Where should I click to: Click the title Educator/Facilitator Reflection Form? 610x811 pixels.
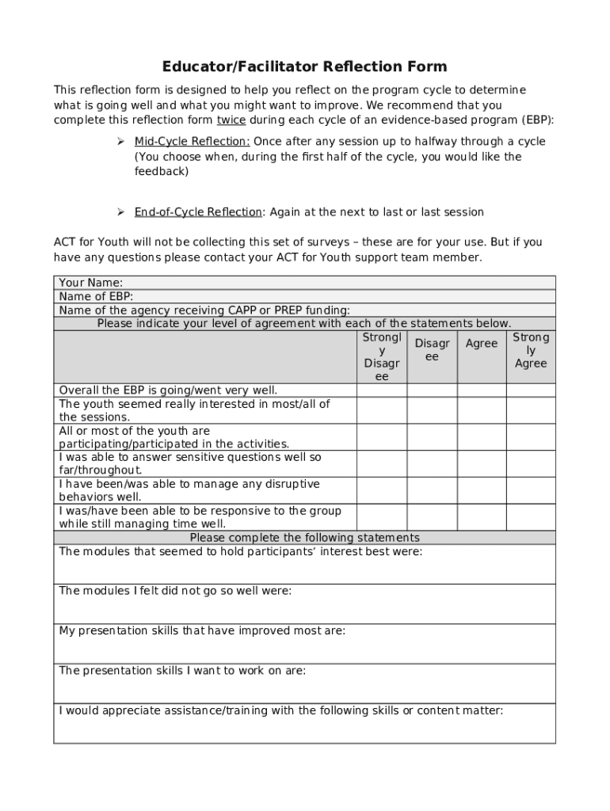305,67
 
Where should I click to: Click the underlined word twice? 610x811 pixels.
231,120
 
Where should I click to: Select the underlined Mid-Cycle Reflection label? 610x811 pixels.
192,142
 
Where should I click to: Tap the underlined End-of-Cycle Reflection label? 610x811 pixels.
197,212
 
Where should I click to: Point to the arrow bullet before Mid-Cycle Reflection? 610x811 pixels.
121,142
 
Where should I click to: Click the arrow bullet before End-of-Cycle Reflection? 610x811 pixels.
121,212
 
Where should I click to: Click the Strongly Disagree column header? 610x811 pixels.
381,357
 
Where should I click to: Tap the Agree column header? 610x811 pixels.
482,344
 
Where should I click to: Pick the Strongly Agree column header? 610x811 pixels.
531,350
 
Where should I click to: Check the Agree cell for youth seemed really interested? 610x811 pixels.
482,410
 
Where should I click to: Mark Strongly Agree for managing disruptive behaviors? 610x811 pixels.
531,490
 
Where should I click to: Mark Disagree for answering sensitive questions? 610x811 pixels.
432,463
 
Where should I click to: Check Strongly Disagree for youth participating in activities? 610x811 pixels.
381,437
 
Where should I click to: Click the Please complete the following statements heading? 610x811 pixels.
305,537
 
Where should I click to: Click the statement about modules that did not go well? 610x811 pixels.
175,591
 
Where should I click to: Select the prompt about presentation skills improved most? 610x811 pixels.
202,631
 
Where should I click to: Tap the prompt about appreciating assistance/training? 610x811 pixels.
280,710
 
